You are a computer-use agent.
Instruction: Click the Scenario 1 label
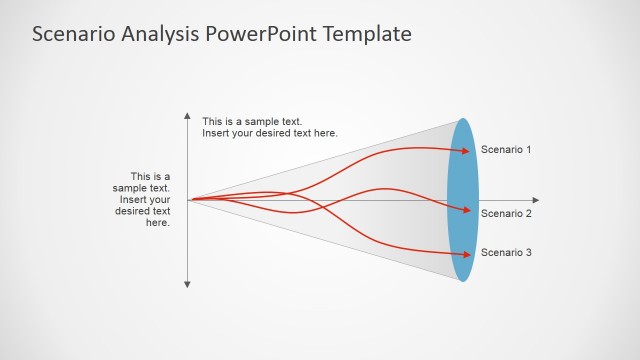point(506,149)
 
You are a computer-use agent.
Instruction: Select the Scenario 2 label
point(506,213)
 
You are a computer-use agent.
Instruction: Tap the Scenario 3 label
point(506,252)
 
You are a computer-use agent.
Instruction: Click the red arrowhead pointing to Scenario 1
point(465,150)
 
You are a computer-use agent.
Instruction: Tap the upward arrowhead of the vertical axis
point(187,116)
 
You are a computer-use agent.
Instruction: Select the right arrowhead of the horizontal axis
point(535,200)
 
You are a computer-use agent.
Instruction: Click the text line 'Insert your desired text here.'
point(270,134)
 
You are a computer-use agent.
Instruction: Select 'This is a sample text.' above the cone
point(252,122)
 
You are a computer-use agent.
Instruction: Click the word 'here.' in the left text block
point(158,223)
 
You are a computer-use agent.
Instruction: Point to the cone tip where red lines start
point(190,200)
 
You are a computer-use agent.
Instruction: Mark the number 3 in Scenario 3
point(528,252)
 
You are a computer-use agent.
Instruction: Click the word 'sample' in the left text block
point(130,188)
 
